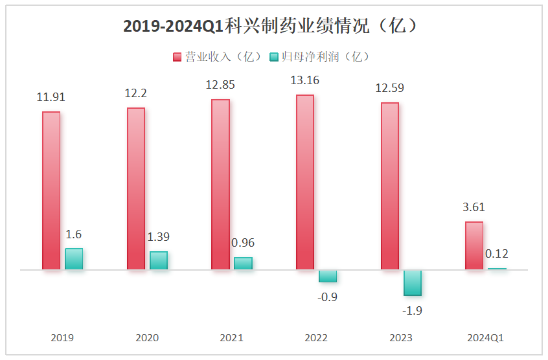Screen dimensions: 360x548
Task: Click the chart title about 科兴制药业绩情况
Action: pos(274,26)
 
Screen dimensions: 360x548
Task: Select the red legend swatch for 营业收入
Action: pos(177,57)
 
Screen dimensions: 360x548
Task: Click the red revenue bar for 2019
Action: pos(51,190)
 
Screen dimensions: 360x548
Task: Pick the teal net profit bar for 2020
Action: pos(159,260)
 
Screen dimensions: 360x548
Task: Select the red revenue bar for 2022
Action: pos(305,182)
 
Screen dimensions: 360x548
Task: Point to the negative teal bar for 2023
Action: pos(413,282)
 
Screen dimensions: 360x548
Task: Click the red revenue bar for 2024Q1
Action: pos(474,245)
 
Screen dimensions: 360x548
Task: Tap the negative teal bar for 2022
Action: pos(328,276)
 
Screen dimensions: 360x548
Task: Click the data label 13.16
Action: pos(305,81)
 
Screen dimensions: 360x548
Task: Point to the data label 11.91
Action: pos(51,98)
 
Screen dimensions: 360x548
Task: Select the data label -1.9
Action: pos(413,310)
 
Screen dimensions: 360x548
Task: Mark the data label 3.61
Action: pos(474,208)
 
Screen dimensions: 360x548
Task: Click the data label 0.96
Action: pos(243,243)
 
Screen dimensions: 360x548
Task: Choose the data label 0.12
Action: pos(497,254)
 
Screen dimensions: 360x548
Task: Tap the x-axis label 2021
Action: pos(232,338)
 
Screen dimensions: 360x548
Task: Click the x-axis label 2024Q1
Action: pos(485,338)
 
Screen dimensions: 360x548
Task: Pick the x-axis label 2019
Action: pos(63,338)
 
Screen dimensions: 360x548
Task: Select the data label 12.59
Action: pos(389,88)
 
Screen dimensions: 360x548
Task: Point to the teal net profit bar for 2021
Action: pos(243,263)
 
